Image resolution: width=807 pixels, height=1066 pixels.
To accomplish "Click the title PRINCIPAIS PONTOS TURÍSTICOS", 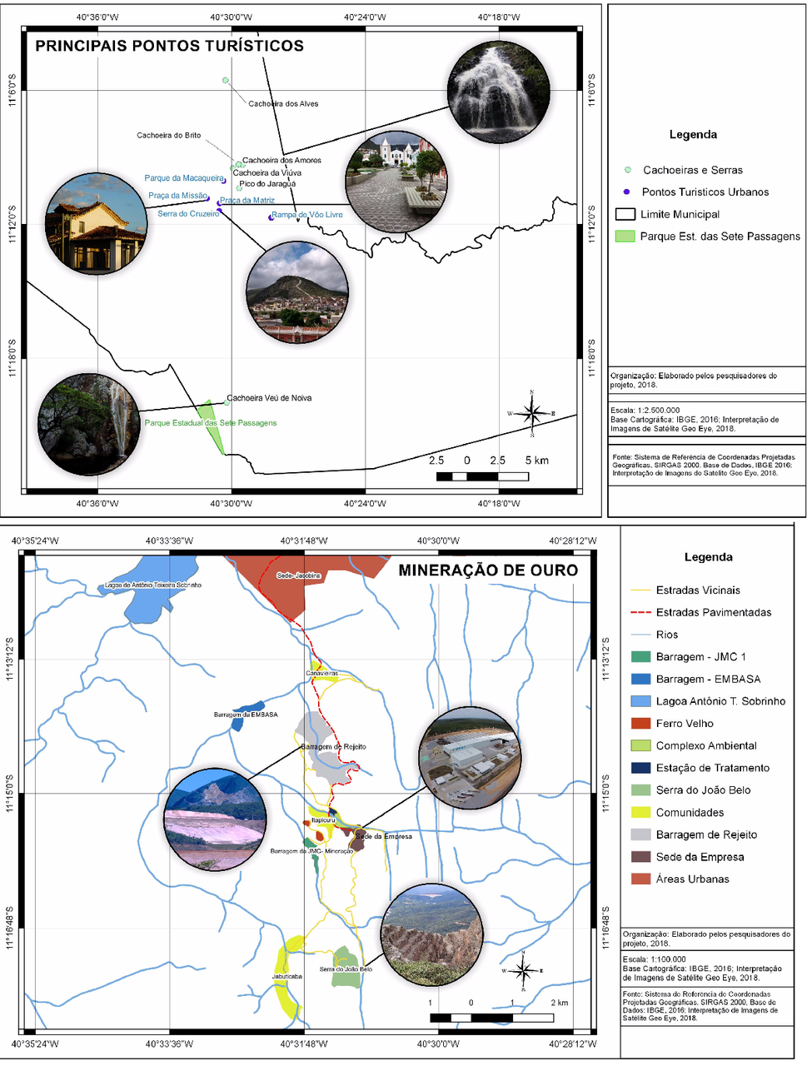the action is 169,46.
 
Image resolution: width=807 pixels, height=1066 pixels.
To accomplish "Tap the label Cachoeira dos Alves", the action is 283,104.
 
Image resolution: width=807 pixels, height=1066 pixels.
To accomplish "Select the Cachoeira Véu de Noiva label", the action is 269,398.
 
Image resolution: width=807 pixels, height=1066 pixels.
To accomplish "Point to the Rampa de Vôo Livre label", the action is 307,215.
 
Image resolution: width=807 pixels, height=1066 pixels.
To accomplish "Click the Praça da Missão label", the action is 177,196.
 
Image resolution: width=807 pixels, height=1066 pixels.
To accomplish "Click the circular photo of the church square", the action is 396,182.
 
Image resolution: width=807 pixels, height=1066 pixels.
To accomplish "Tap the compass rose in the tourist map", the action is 531,412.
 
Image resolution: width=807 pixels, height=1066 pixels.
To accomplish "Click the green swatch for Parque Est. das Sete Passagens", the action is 625,237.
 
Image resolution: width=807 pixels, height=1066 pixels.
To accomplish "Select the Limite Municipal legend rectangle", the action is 625,214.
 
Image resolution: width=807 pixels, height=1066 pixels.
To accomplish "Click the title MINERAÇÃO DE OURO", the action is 488,570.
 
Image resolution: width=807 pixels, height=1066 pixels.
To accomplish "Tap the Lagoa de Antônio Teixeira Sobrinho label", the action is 152,585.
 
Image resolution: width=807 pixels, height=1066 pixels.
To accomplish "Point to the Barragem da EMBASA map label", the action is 246,715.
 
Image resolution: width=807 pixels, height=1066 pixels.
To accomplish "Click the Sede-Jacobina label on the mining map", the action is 298,575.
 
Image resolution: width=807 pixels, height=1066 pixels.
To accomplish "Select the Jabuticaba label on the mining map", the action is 286,976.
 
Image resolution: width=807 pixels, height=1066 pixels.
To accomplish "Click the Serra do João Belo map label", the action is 346,969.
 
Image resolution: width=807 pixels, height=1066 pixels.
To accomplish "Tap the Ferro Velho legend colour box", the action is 640,724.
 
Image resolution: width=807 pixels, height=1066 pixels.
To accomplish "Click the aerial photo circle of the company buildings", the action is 469,759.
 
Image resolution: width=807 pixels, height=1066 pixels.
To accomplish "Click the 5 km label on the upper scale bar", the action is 537,461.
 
